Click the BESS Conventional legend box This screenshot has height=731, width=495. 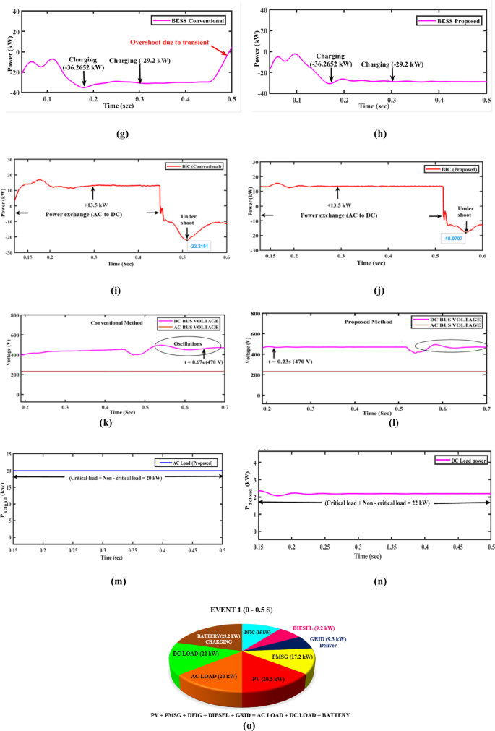point(190,21)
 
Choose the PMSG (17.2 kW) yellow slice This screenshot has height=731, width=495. point(288,657)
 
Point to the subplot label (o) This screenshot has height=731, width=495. point(248,724)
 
